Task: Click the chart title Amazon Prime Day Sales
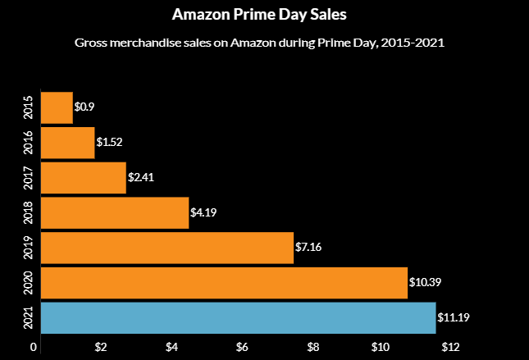[264, 15]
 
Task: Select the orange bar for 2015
[57, 107]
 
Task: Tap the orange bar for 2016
[67, 142]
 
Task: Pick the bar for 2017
[83, 177]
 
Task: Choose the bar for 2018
[114, 212]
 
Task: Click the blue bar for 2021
[238, 317]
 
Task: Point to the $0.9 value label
[84, 107]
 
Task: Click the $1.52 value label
[109, 143]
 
